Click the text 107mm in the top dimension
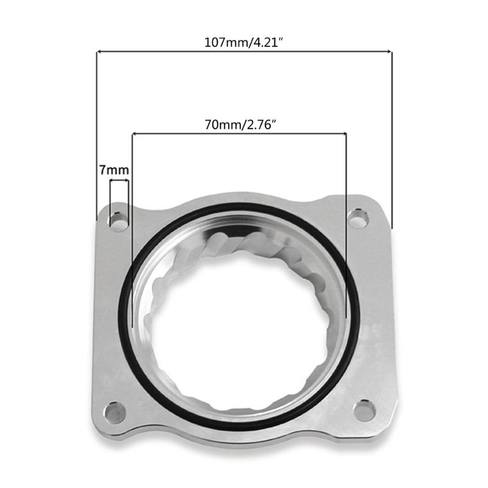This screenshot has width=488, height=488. (223, 44)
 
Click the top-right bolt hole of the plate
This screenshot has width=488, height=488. (358, 218)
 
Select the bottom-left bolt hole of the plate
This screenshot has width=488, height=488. (115, 413)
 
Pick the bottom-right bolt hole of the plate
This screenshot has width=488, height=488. (364, 410)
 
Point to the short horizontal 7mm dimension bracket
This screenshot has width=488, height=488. (119, 181)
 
